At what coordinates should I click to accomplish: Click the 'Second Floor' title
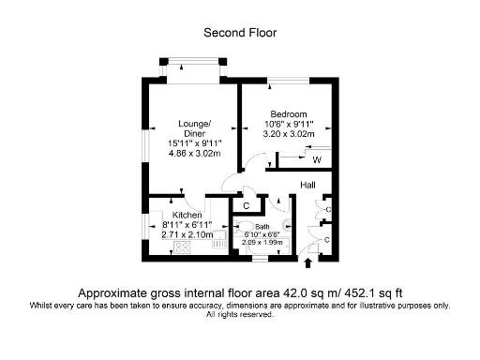(x=240, y=33)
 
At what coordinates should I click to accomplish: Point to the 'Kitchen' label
(x=174, y=216)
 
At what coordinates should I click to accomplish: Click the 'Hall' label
(x=307, y=185)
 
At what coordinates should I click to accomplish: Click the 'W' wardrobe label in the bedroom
(x=317, y=160)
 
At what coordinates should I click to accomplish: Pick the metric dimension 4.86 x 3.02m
(x=195, y=153)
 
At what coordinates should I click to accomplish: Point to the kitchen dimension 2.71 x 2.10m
(x=174, y=235)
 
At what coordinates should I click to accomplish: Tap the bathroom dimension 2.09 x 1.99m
(x=262, y=242)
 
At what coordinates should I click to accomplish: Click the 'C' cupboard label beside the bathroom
(x=246, y=205)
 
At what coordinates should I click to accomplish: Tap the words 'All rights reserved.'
(x=240, y=314)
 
